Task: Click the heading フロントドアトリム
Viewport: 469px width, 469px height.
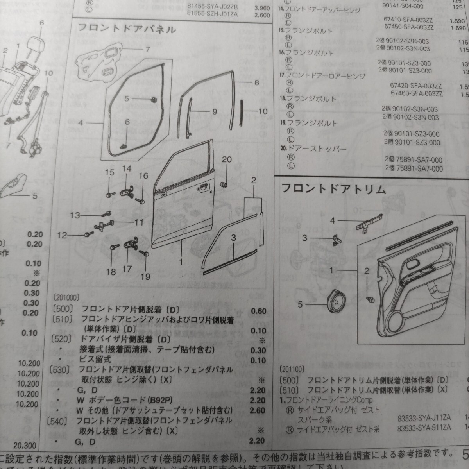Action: pyautogui.click(x=334, y=190)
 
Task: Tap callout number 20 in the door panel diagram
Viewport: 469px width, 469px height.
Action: pyautogui.click(x=226, y=159)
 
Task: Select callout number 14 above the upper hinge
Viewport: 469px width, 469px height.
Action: pyautogui.click(x=127, y=169)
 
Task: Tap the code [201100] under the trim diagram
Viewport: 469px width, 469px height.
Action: pyautogui.click(x=292, y=368)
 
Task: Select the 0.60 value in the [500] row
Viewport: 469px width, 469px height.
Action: pyautogui.click(x=258, y=311)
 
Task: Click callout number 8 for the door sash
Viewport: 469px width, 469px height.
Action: pyautogui.click(x=256, y=82)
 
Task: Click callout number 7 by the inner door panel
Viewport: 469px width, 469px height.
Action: pyautogui.click(x=148, y=50)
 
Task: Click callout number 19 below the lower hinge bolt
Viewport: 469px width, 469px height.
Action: pyautogui.click(x=145, y=277)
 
